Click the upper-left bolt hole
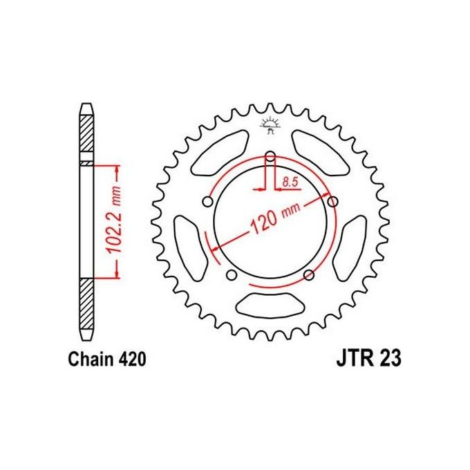point(207,201)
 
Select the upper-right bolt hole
point(333,201)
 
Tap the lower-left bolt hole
point(232,276)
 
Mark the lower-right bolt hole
point(309,276)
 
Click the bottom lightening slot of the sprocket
point(270,304)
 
